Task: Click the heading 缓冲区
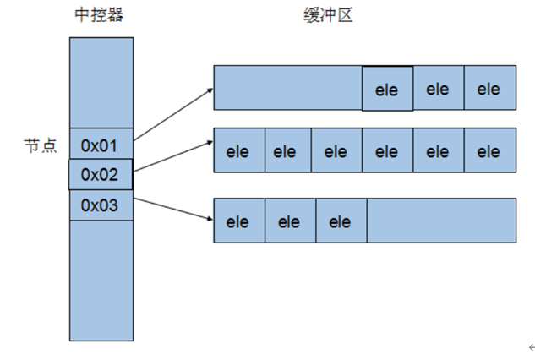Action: tap(329, 15)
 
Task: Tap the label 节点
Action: tap(39, 145)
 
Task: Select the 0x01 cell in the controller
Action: tap(100, 145)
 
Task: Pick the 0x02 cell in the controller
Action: tap(100, 175)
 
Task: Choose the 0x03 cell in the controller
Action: tap(100, 205)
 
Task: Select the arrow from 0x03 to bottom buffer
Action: tap(173, 209)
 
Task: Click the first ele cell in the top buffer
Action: tap(388, 88)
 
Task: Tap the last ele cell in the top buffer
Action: tap(490, 88)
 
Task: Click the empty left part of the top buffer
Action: tap(288, 88)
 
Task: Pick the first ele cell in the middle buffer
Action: tap(239, 152)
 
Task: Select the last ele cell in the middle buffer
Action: tap(490, 152)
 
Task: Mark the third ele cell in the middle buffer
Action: tap(336, 152)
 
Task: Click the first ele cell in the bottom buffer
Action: tap(239, 221)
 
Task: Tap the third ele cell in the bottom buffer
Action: tap(341, 221)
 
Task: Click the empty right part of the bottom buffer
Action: tap(440, 221)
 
